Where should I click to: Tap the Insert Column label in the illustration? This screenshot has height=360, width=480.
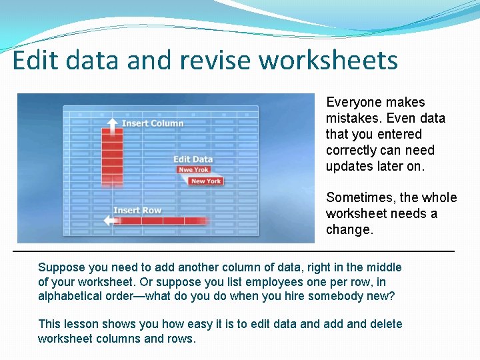coord(153,123)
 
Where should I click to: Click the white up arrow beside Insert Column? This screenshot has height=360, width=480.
coord(112,123)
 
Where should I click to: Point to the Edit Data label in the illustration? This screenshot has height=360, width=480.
coord(193,159)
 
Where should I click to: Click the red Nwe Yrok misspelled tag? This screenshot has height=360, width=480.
coord(193,170)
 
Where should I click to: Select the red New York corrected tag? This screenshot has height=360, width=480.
coord(206,181)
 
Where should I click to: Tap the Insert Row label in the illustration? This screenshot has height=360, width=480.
coord(137,211)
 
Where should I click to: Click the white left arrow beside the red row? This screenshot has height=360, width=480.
coord(109,220)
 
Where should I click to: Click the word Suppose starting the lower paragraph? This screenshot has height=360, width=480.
coord(61,267)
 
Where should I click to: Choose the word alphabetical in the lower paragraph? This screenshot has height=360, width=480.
coord(69,297)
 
